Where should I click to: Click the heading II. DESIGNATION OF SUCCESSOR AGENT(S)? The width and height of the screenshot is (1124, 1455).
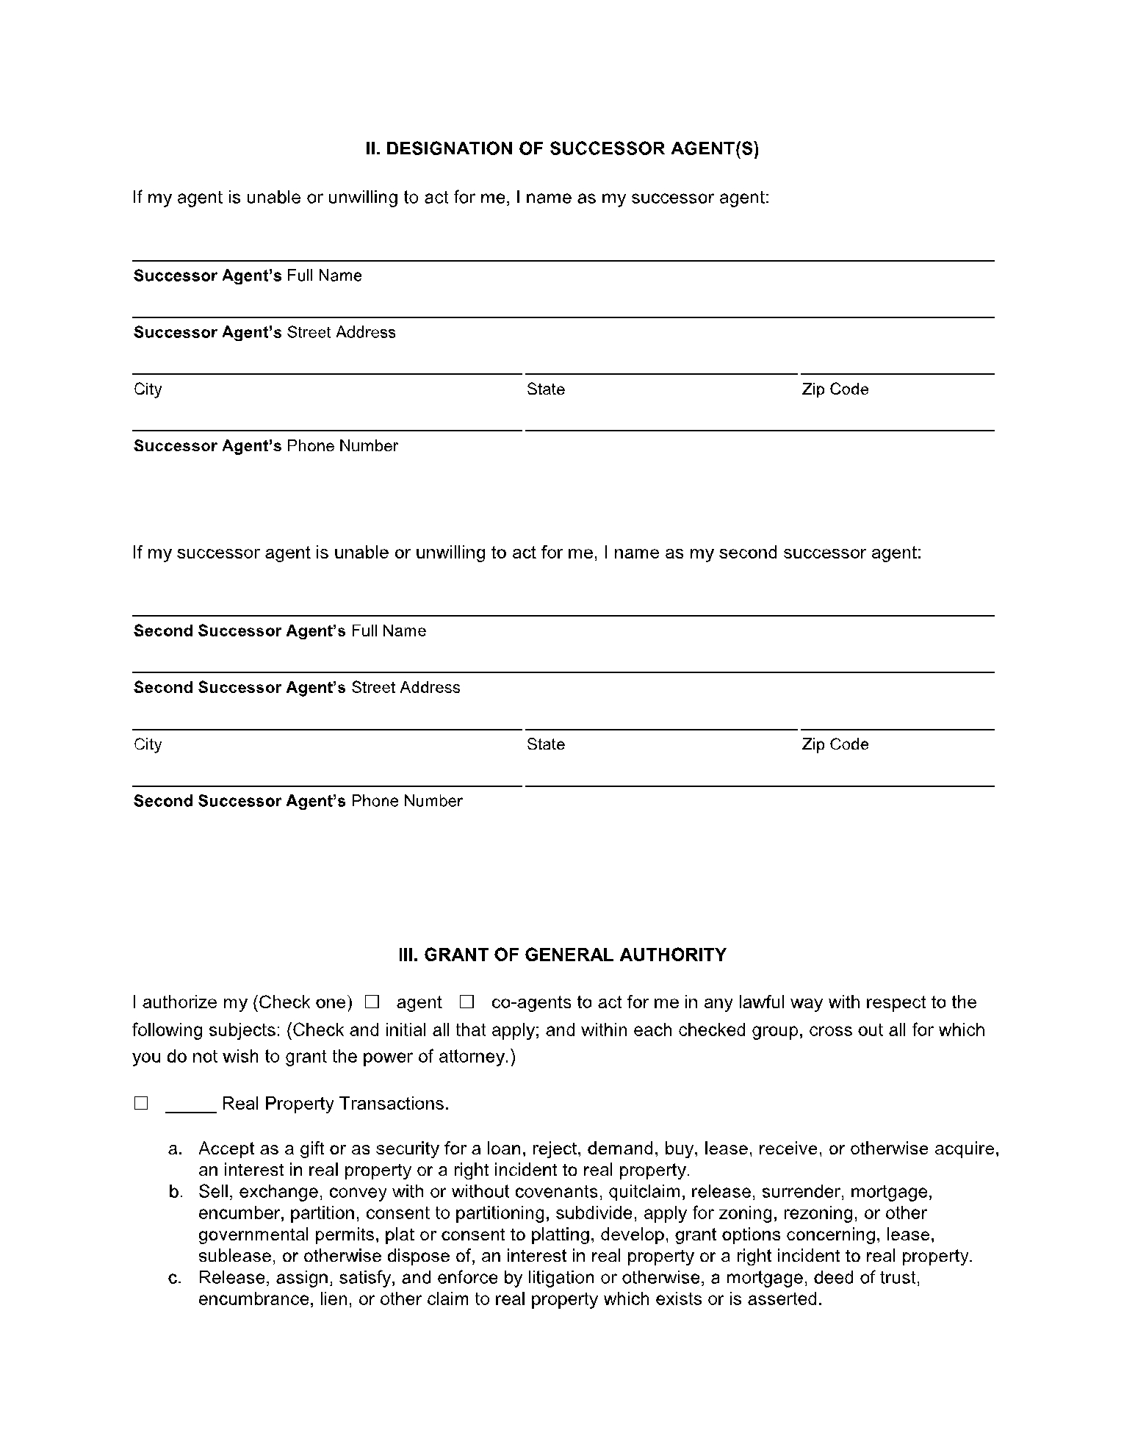[562, 149]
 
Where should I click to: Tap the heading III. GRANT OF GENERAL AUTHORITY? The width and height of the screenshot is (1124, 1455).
[562, 955]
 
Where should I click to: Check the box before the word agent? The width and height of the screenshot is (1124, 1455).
[372, 1002]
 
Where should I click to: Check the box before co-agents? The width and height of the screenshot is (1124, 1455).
[466, 1002]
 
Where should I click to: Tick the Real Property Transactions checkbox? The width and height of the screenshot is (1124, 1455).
[141, 1103]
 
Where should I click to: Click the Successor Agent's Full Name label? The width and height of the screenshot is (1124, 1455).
[248, 276]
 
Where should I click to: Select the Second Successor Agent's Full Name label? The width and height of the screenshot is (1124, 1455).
[279, 631]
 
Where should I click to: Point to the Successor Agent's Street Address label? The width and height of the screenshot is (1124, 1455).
[264, 332]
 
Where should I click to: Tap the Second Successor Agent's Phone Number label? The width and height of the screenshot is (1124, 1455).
[298, 801]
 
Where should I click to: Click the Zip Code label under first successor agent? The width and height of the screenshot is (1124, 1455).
[835, 389]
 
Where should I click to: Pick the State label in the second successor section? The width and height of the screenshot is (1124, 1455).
[545, 744]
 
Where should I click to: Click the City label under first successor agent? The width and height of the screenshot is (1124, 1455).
[148, 389]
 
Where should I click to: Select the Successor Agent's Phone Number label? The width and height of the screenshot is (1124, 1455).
[265, 446]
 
